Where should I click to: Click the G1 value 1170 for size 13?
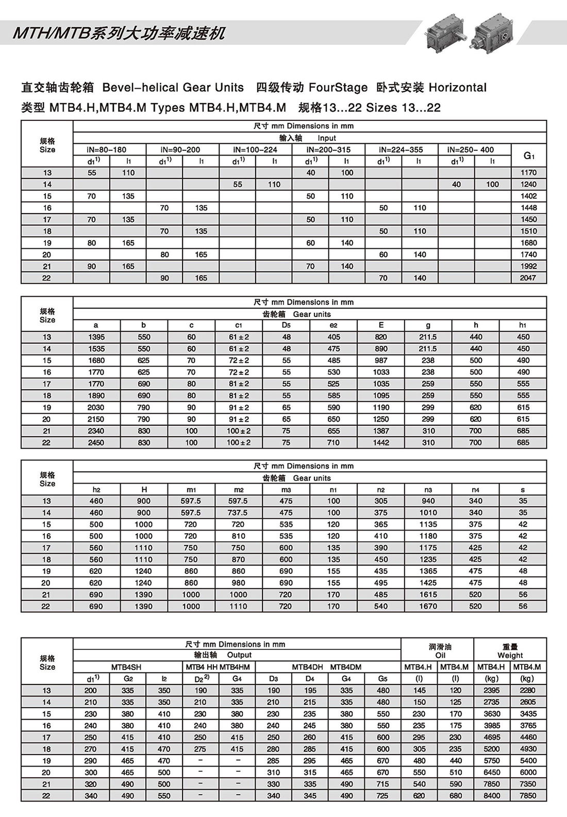(x=528, y=173)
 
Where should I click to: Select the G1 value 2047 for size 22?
(x=528, y=278)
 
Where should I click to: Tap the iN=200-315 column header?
(x=328, y=150)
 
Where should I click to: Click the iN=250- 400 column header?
(x=471, y=150)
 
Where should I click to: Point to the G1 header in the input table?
(x=529, y=155)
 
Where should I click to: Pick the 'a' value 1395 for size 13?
(x=96, y=337)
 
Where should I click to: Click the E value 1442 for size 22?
(x=381, y=443)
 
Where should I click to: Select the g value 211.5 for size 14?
(x=428, y=349)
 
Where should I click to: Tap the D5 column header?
(x=286, y=325)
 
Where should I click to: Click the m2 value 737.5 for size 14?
(x=238, y=513)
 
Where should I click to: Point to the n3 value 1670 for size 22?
(x=428, y=606)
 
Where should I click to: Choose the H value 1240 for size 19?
(x=144, y=571)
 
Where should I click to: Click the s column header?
(x=523, y=489)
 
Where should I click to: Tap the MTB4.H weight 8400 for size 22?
(x=492, y=796)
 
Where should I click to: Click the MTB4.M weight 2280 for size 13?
(x=528, y=691)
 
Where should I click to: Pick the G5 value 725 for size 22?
(x=383, y=796)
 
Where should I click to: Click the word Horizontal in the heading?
(x=457, y=88)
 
